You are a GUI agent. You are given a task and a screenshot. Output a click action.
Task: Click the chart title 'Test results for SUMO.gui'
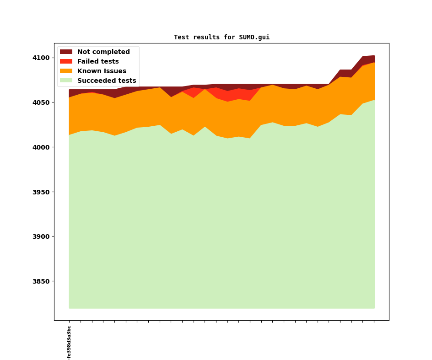click(x=221, y=38)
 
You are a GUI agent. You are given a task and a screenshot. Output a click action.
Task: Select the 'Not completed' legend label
click(x=103, y=52)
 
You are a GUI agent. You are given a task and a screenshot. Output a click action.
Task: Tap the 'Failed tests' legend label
click(x=98, y=62)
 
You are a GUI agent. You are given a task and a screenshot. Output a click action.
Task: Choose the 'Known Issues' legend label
click(x=102, y=71)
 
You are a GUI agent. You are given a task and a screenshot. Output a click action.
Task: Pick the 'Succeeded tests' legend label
click(x=107, y=81)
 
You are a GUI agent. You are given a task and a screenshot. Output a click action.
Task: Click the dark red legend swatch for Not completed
click(x=66, y=52)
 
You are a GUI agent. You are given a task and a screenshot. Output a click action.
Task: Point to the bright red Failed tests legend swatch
click(x=66, y=62)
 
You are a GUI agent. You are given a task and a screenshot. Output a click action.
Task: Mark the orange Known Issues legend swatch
click(x=66, y=71)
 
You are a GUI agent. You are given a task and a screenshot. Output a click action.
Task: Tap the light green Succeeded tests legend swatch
click(x=66, y=81)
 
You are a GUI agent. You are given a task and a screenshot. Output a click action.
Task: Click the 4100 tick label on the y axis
click(x=41, y=58)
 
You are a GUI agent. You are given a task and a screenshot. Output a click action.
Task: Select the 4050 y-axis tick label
click(x=41, y=102)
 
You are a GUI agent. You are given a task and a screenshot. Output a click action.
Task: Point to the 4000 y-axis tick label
click(x=41, y=147)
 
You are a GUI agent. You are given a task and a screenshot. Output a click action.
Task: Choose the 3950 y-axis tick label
click(x=41, y=192)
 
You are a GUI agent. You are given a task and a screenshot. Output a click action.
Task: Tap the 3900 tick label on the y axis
click(x=41, y=236)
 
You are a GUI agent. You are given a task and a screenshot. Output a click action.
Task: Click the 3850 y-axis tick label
click(x=41, y=281)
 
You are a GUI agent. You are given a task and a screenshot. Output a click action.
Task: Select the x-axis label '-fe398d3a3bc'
click(x=69, y=343)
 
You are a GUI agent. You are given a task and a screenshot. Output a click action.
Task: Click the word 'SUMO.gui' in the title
click(x=254, y=38)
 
